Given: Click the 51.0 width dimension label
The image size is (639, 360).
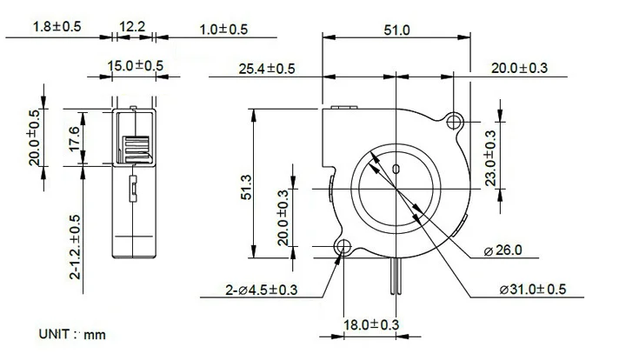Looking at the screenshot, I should [x=396, y=30].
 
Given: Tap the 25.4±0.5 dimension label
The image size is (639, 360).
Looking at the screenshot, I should [x=267, y=68].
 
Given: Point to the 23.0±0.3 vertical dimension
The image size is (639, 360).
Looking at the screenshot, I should [x=490, y=158].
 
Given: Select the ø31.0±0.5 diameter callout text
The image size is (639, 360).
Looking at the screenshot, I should [x=533, y=289].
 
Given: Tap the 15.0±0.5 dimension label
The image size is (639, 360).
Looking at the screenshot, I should [x=135, y=65].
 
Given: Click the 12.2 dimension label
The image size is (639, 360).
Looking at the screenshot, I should [x=132, y=28].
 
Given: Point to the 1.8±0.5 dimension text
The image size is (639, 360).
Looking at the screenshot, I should [x=57, y=28].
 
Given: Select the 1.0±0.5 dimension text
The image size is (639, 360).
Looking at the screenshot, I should [x=223, y=30].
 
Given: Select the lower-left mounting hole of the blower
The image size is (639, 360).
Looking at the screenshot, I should [x=342, y=248].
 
